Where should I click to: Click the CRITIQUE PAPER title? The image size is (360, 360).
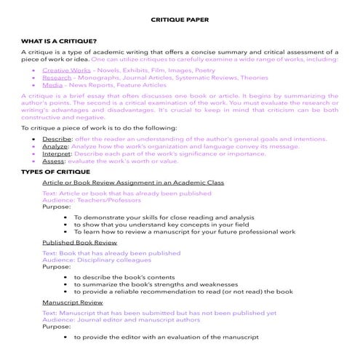(x=180, y=22)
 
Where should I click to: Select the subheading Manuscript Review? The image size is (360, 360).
(x=72, y=300)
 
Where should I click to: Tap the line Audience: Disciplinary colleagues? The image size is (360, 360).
(x=96, y=260)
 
